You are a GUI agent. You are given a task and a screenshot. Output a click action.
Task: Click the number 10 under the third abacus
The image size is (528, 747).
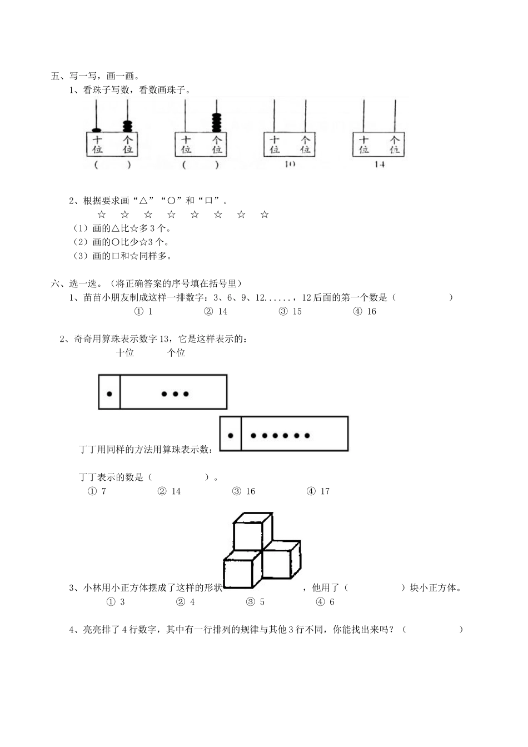[x=289, y=164]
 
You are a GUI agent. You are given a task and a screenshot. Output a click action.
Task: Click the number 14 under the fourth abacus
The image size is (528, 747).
[x=379, y=165]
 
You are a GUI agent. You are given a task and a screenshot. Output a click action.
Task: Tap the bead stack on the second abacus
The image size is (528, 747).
[x=216, y=122]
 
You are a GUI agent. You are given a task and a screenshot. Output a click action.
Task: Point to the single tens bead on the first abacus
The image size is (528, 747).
[x=97, y=130]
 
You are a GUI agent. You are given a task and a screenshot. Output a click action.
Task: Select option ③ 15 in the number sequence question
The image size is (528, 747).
[x=291, y=311]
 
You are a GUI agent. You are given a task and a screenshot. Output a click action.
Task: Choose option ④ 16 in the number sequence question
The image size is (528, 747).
[x=365, y=311]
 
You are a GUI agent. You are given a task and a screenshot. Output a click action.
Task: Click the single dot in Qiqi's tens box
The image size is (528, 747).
[x=109, y=394]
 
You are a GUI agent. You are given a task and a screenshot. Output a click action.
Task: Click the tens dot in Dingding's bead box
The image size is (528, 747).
[x=230, y=435]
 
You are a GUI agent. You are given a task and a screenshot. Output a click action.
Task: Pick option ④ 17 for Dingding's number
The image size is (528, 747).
[x=318, y=491]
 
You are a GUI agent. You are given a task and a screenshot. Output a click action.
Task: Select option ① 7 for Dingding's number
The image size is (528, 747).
[x=97, y=491]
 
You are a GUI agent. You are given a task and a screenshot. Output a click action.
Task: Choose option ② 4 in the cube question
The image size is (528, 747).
[x=186, y=601]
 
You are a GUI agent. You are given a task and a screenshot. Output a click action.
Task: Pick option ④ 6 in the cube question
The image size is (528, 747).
[x=326, y=601]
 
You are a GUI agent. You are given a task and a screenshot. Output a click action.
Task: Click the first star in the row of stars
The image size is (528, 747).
[x=101, y=215]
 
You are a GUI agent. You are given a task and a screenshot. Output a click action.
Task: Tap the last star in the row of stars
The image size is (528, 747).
[x=265, y=215]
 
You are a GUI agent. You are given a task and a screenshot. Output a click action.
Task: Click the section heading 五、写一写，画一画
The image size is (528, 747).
[x=96, y=76]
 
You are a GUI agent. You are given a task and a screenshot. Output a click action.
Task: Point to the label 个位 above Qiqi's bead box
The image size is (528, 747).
[x=176, y=352]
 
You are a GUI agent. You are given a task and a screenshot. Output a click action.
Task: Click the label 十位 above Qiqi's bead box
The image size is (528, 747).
[x=125, y=352]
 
